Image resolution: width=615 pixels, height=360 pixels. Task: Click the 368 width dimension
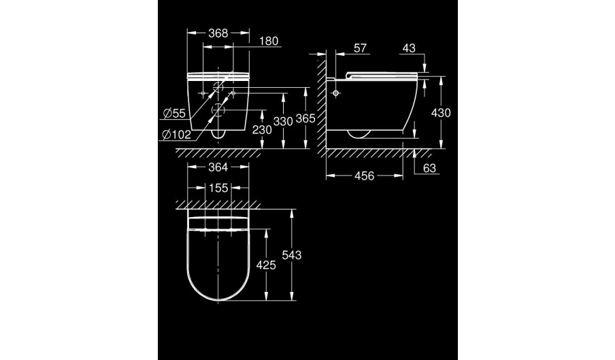click(218, 33)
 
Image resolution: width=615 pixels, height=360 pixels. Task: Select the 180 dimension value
click(269, 42)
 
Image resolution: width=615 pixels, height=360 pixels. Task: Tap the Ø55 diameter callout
click(174, 114)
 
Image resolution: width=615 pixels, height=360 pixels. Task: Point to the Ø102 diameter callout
click(177, 135)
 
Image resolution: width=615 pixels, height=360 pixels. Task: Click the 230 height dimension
click(262, 129)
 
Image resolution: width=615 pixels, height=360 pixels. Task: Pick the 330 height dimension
click(283, 122)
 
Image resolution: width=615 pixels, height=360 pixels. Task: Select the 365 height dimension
click(305, 118)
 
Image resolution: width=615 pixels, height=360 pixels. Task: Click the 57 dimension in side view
click(360, 48)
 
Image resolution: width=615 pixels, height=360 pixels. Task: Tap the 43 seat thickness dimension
click(409, 48)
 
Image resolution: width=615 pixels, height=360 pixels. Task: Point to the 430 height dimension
click(441, 113)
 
